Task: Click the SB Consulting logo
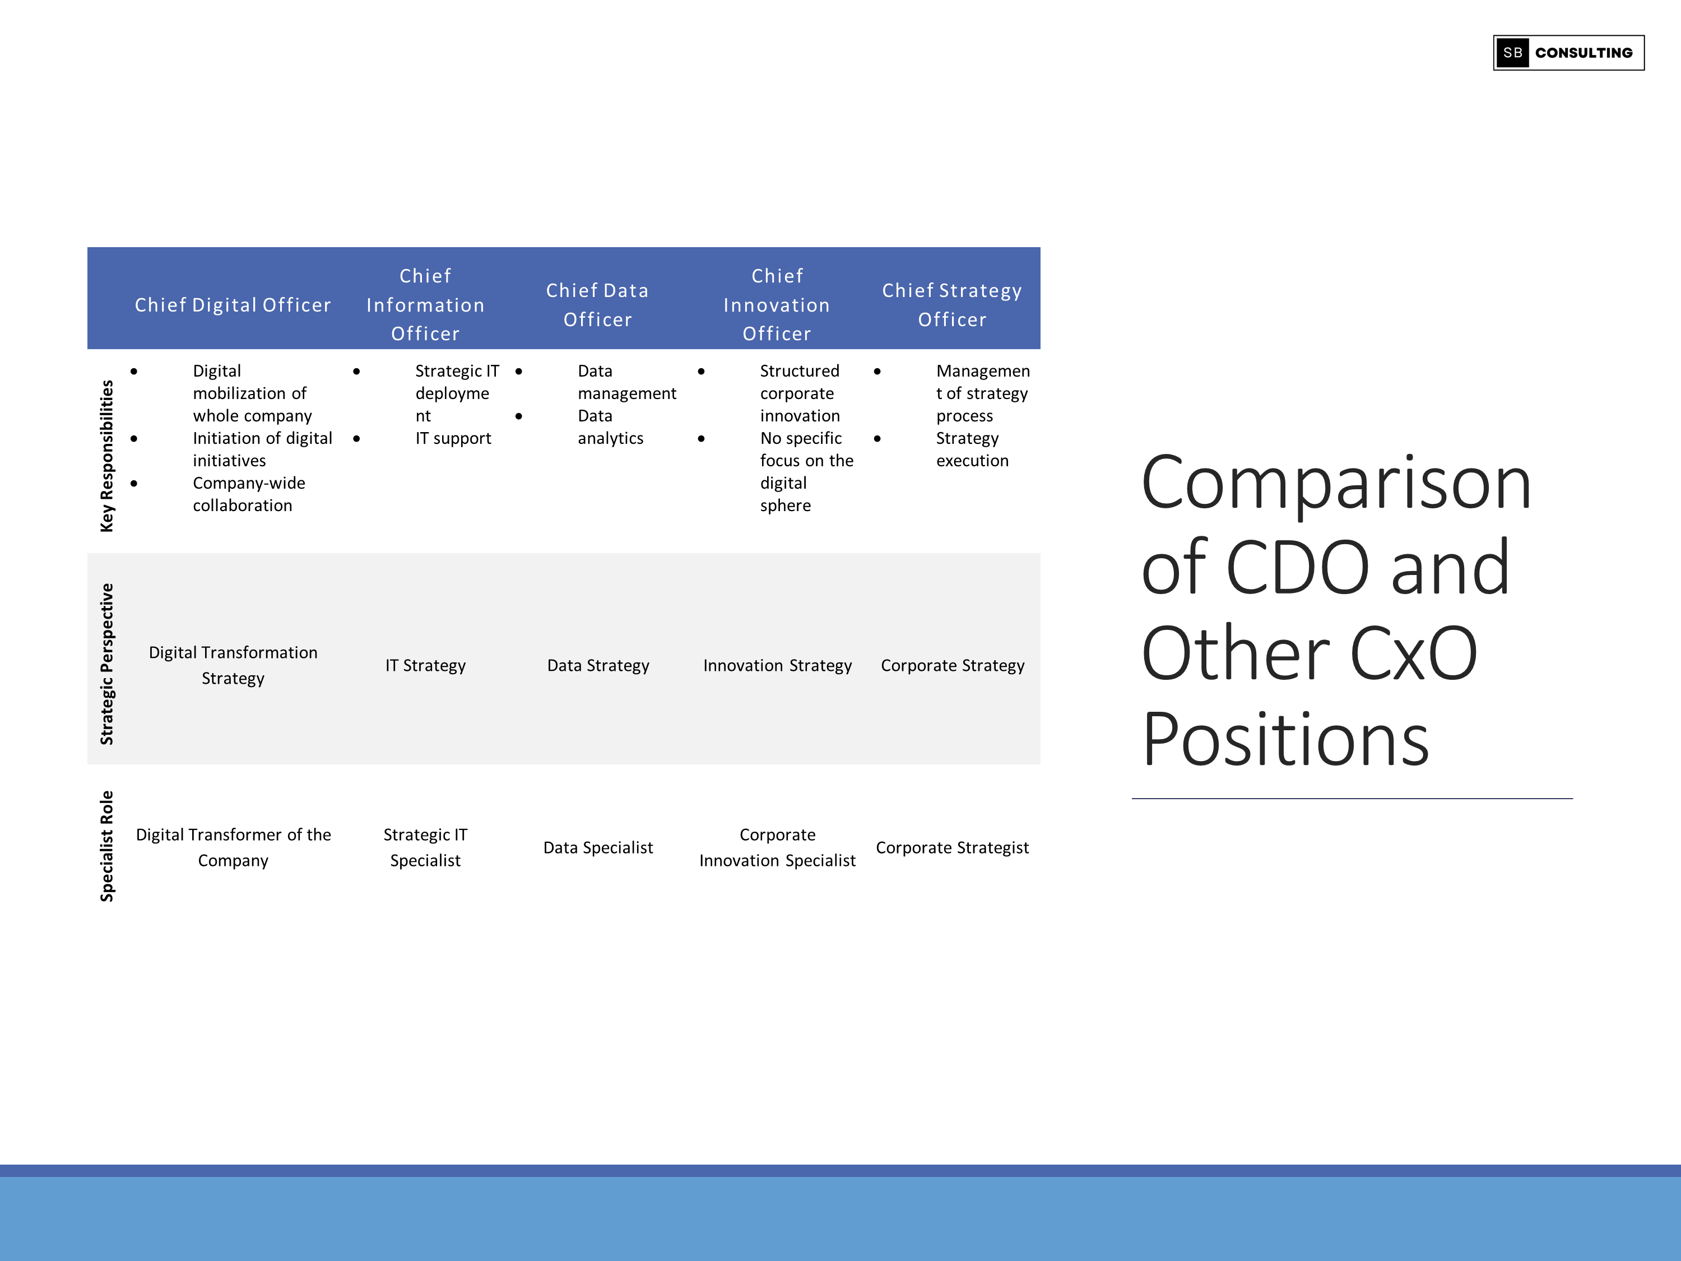click(1568, 53)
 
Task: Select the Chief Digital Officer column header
click(233, 305)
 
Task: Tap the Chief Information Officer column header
click(425, 305)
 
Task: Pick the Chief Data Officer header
click(597, 305)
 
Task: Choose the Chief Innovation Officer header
click(777, 305)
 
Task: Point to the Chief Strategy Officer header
click(951, 305)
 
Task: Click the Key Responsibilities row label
click(106, 456)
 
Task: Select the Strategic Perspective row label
click(106, 664)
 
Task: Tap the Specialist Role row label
click(106, 846)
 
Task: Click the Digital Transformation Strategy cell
click(233, 665)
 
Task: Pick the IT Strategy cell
click(425, 666)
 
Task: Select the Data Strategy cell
click(598, 666)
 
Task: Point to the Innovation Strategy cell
click(777, 666)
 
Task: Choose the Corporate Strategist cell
click(951, 847)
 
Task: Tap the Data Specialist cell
click(598, 847)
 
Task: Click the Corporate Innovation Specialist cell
click(777, 847)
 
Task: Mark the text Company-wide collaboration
click(248, 494)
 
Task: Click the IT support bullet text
click(453, 439)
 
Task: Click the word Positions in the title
click(1285, 740)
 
